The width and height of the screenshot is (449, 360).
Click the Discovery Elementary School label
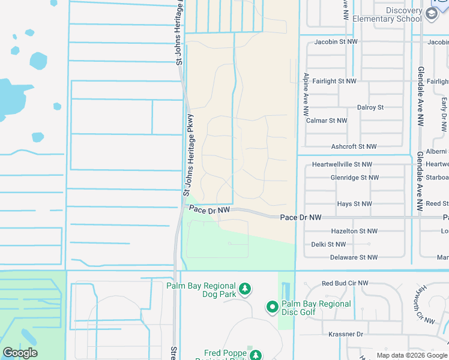click(387, 14)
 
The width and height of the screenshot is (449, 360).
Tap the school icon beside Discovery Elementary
click(431, 13)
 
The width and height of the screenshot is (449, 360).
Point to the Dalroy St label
click(370, 107)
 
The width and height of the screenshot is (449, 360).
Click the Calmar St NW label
click(327, 121)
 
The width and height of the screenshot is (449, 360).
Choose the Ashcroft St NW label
click(354, 146)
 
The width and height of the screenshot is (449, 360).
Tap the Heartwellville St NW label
click(342, 164)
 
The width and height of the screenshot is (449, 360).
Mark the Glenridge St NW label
click(354, 178)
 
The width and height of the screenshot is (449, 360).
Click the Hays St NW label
click(354, 204)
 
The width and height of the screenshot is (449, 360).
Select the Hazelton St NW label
click(354, 231)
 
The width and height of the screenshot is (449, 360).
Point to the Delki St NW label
click(328, 244)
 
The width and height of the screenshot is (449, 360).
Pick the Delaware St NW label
click(354, 257)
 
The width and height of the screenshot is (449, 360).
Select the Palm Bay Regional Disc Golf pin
click(272, 308)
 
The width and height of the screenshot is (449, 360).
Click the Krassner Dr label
click(342, 334)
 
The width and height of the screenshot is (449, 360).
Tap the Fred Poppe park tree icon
click(256, 355)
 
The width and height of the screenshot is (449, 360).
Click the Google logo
click(20, 353)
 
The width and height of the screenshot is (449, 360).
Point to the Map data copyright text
click(412, 355)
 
